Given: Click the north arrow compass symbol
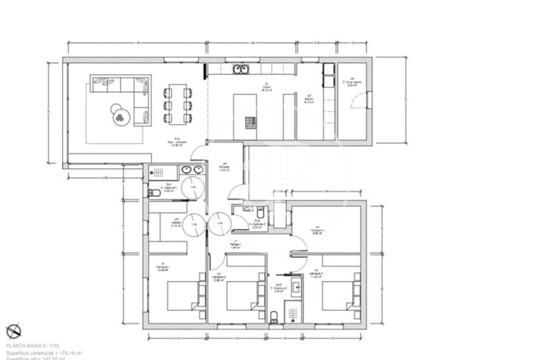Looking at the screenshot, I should click(13, 332).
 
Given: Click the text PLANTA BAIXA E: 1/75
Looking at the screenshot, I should click(33, 345).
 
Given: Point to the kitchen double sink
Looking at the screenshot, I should click(241, 69).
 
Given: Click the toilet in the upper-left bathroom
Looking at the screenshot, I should click(154, 194).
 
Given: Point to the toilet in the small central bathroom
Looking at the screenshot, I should click(258, 212).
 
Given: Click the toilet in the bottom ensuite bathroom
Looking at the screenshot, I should click(275, 316).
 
